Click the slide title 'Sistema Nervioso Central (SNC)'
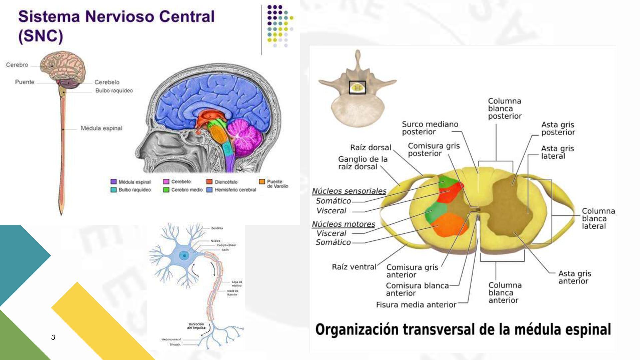click(116, 26)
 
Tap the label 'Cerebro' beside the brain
click(17, 65)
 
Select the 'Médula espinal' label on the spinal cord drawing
click(101, 128)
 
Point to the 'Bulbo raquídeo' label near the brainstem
click(114, 91)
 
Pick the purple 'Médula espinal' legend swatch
click(113, 182)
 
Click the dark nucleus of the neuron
click(184, 256)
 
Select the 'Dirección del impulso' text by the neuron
click(196, 326)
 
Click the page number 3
click(53, 337)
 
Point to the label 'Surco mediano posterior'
click(430, 128)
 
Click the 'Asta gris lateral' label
click(557, 152)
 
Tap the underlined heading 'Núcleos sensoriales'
click(349, 191)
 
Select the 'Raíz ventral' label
click(354, 267)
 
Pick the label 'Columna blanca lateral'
click(598, 219)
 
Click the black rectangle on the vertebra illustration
click(357, 87)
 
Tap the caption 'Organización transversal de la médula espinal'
click(463, 329)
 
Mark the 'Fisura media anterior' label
click(416, 305)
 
